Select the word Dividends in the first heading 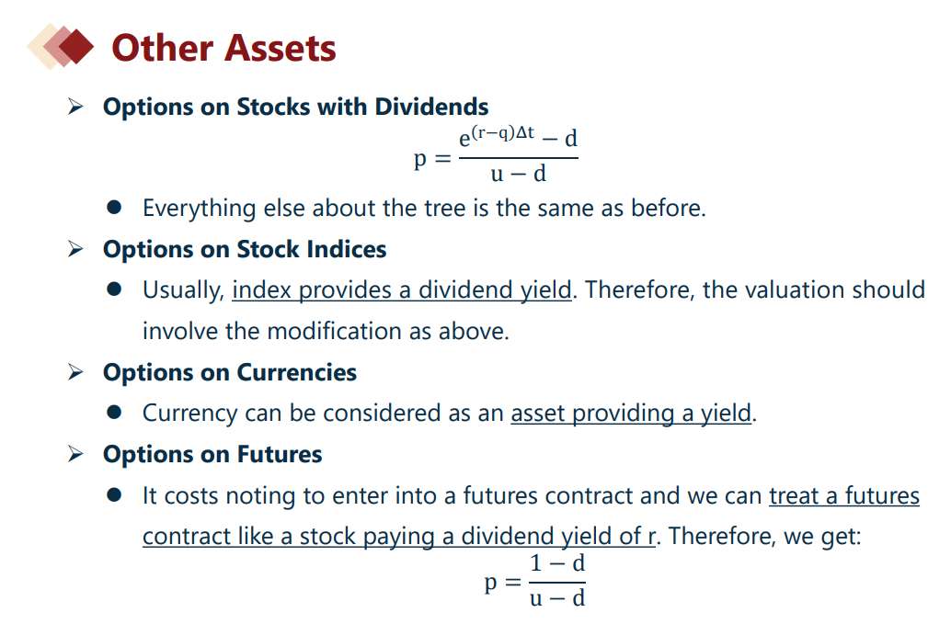432,107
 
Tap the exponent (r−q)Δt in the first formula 503,132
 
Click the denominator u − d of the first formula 519,175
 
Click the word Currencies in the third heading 296,372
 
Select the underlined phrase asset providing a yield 631,414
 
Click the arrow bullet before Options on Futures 75,454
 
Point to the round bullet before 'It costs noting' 114,495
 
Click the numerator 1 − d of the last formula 557,563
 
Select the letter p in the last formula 491,584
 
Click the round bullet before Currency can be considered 114,414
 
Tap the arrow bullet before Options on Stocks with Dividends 75,107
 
